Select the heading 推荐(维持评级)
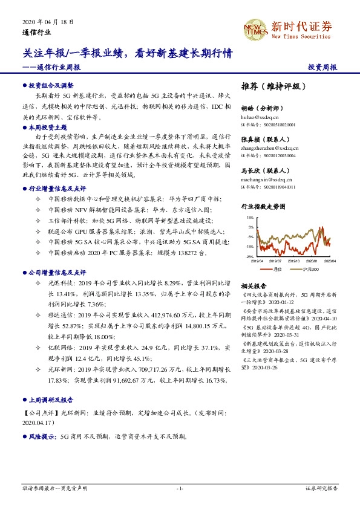pyautogui.click(x=270, y=86)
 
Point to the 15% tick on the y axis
pyautogui.click(x=250, y=217)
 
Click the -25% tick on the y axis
pyautogui.click(x=249, y=257)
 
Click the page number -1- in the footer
pyautogui.click(x=180, y=487)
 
